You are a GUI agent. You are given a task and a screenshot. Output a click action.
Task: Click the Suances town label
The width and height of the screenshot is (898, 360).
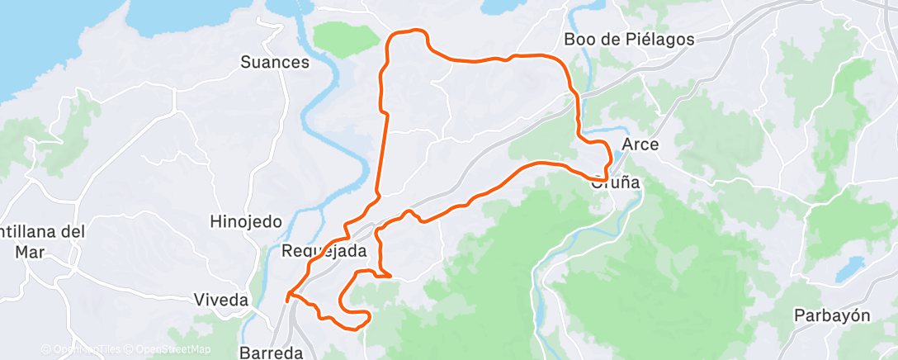tap(275, 62)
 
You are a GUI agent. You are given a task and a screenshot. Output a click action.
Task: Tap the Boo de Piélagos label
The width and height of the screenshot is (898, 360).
tap(628, 39)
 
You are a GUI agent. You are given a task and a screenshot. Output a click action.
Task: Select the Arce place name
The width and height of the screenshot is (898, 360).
tap(640, 144)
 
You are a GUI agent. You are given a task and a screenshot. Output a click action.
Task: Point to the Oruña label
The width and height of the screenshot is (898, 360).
tap(616, 184)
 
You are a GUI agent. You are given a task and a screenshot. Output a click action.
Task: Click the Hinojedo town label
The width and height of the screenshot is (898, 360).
tap(246, 221)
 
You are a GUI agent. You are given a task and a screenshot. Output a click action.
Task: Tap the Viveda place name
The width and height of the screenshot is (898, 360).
tap(221, 300)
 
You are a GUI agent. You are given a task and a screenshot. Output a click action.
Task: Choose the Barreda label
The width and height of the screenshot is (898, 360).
tap(271, 352)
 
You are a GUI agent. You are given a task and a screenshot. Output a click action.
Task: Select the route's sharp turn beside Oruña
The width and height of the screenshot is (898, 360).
tap(606, 177)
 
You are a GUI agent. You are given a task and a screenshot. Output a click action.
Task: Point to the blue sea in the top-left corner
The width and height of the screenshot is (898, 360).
tap(33, 41)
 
